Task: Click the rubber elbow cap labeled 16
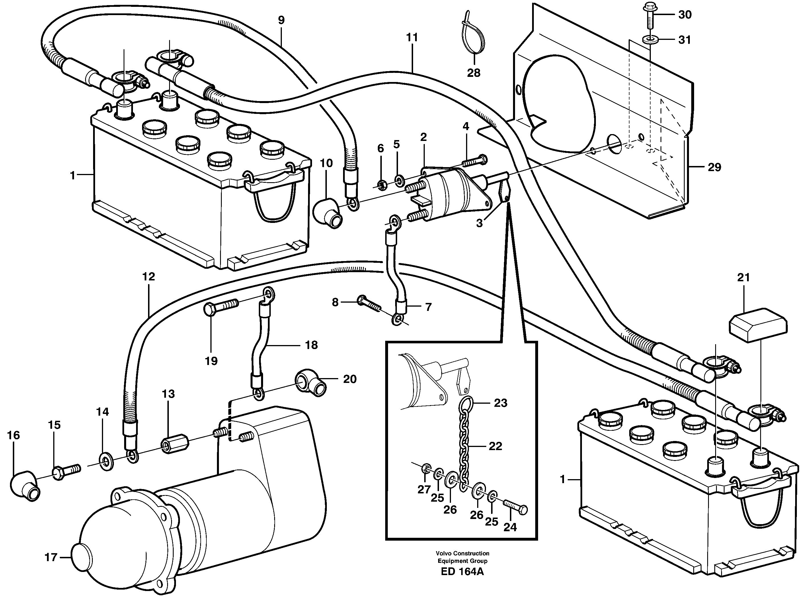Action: pos(24,486)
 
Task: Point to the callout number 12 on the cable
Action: pos(149,277)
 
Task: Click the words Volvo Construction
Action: pos(462,553)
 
